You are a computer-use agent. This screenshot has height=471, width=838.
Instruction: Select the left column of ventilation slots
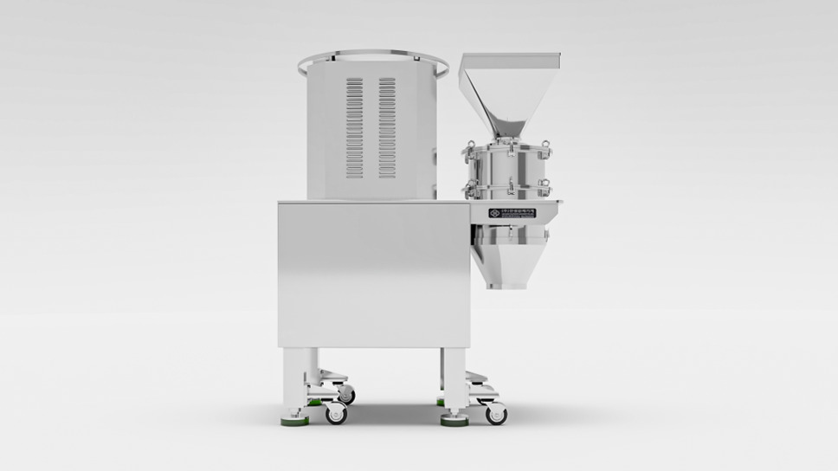(355, 127)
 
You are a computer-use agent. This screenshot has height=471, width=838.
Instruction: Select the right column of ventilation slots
(386, 127)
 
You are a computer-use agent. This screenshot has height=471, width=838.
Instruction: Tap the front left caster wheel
(335, 415)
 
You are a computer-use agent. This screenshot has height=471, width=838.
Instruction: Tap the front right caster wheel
(495, 414)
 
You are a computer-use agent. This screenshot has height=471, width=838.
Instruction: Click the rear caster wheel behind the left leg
(346, 395)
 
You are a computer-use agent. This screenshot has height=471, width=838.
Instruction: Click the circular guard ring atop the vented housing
(373, 61)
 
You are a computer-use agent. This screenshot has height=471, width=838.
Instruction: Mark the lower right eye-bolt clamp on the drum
(545, 186)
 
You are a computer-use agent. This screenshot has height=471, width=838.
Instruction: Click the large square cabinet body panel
(372, 273)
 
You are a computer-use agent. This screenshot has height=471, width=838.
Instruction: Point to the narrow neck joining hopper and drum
(506, 137)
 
